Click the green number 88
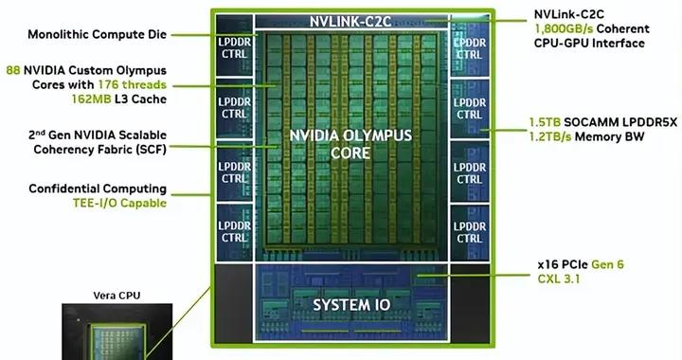tap(13, 69)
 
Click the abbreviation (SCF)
tap(147, 148)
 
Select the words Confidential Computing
tap(98, 189)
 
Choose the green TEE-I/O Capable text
tap(117, 202)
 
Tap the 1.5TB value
tap(545, 123)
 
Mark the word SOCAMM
tap(587, 123)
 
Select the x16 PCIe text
tap(559, 266)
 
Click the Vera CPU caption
tap(117, 295)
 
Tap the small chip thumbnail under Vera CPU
tap(117, 333)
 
